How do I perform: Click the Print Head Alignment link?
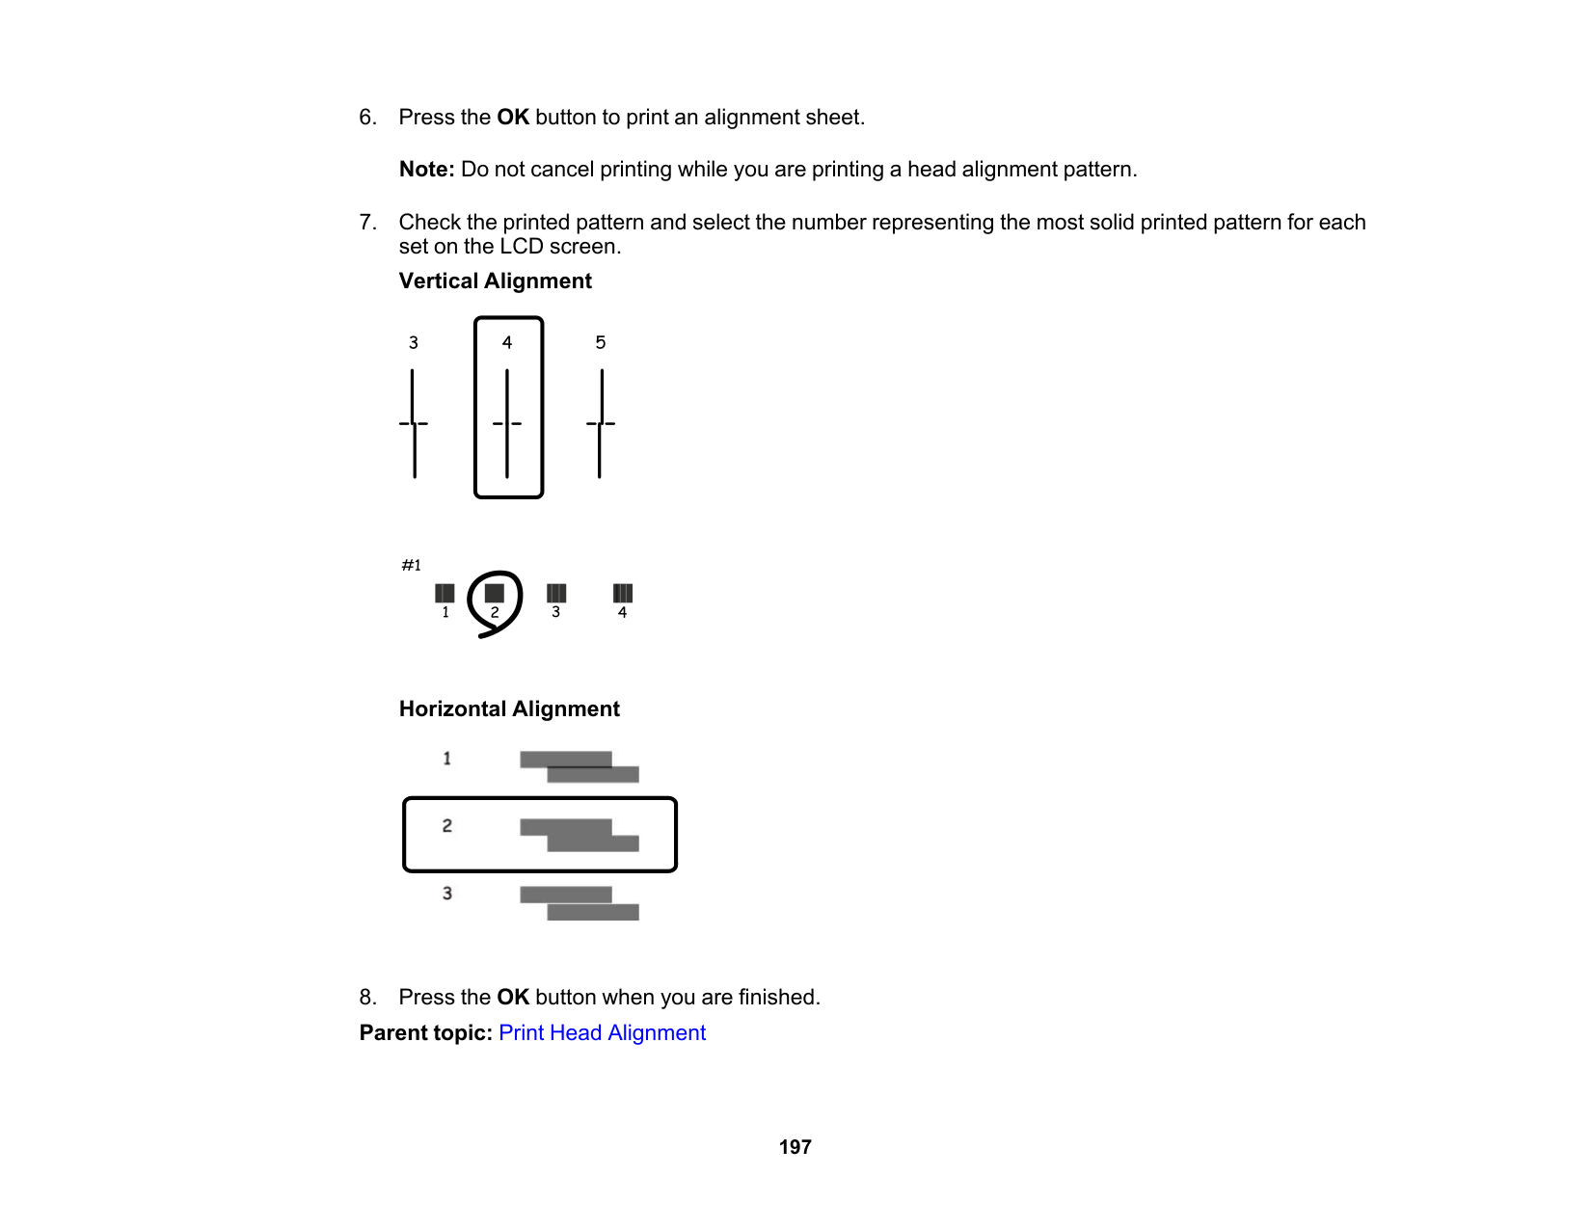tap(602, 1032)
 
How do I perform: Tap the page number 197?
tap(795, 1147)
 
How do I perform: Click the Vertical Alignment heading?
tap(495, 281)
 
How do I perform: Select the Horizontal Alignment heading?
tap(509, 708)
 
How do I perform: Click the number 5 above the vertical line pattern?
tap(600, 342)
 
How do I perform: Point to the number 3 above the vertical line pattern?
tap(414, 342)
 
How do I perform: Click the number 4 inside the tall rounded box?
tap(507, 342)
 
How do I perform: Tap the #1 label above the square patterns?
tap(412, 565)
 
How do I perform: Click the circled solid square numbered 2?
tap(495, 593)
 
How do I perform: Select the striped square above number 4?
tap(623, 593)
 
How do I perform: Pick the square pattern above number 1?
tap(445, 593)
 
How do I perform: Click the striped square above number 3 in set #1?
tap(556, 593)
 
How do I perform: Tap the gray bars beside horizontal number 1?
tap(579, 766)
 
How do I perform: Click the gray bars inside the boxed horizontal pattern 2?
tap(579, 835)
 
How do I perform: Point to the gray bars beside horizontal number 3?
tap(579, 903)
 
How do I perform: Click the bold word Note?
tap(426, 170)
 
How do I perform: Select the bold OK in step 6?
tap(513, 118)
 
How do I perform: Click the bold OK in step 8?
tap(513, 997)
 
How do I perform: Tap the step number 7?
tap(367, 223)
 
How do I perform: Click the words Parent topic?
tap(425, 1032)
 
